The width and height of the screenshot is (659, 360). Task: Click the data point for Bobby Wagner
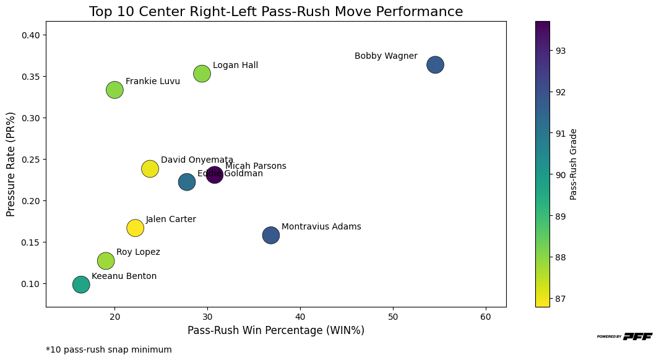435,64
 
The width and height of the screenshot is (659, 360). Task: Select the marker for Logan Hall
202,74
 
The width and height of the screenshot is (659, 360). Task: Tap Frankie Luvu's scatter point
114,90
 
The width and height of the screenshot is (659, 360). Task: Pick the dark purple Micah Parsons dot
214,174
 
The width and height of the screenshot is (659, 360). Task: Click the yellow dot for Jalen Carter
135,228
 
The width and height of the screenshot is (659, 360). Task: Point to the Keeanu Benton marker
81,285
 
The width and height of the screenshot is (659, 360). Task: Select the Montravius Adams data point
270,235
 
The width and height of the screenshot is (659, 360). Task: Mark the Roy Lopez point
106,260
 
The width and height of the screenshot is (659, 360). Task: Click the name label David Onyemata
197,160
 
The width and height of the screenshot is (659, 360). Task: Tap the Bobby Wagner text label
385,56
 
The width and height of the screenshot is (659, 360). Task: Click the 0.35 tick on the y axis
30,77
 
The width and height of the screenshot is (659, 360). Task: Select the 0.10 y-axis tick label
30,284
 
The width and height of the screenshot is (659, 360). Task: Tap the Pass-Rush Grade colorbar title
574,164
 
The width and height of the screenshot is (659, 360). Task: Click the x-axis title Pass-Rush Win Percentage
275,330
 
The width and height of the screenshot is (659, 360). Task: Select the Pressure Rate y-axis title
11,164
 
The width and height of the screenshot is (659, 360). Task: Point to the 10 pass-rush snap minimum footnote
109,349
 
